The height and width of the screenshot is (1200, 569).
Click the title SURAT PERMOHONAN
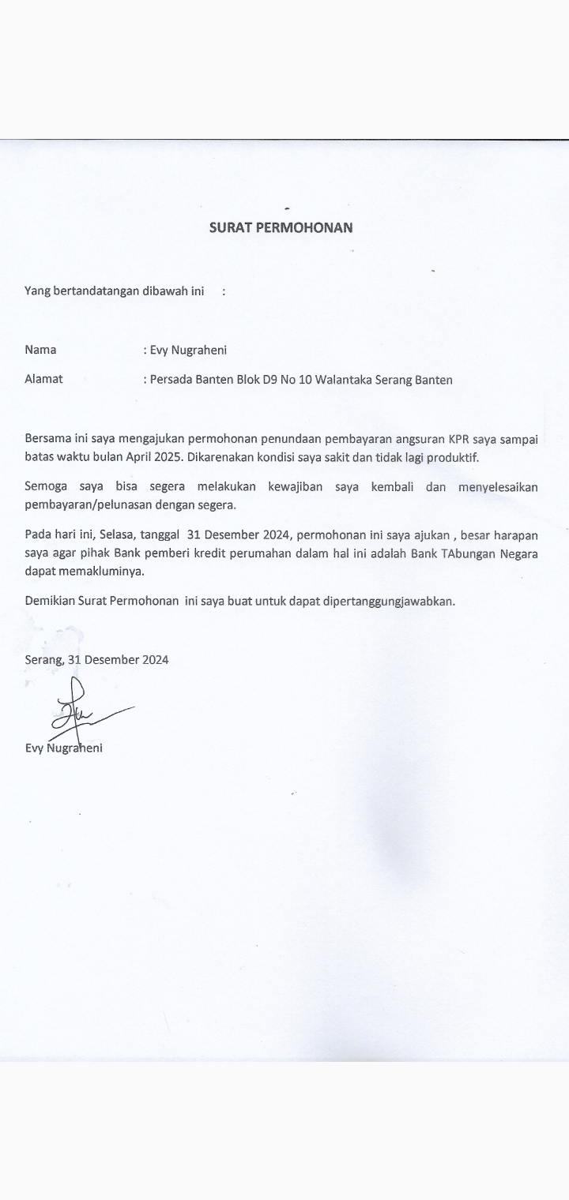pos(281,227)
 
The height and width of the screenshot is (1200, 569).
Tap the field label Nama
pos(40,350)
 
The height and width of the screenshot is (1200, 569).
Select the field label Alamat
pos(43,379)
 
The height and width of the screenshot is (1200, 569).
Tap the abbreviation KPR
pos(436,439)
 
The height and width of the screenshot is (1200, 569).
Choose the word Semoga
pos(46,487)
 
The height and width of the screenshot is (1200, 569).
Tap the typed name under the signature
pos(63,748)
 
